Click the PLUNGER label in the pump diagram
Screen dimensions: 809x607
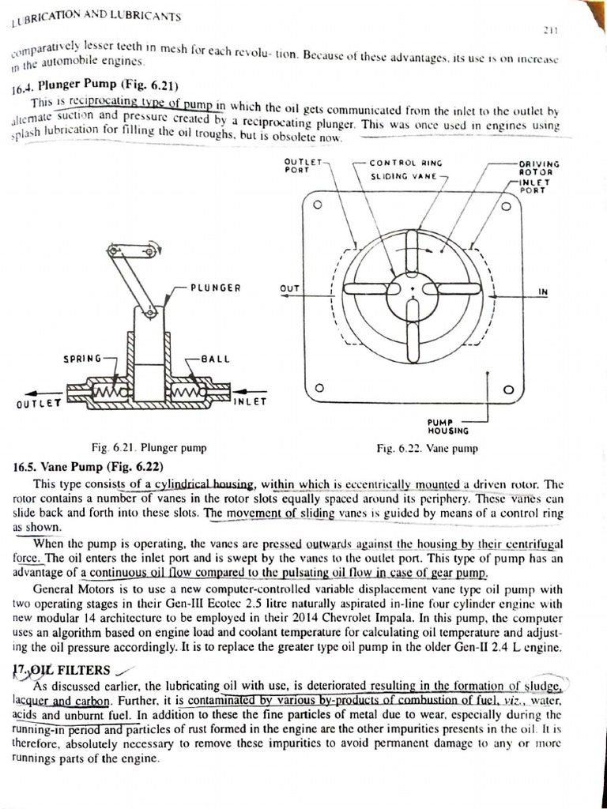tap(215, 288)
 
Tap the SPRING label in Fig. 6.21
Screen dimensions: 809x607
tap(82, 359)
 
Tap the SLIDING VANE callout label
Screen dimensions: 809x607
tap(404, 177)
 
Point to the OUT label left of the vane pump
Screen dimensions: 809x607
tap(290, 288)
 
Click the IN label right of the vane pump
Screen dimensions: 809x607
tap(543, 292)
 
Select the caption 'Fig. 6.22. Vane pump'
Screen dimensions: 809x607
tap(428, 449)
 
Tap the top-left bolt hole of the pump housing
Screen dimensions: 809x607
tap(318, 205)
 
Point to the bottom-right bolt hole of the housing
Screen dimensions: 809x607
tap(509, 389)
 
